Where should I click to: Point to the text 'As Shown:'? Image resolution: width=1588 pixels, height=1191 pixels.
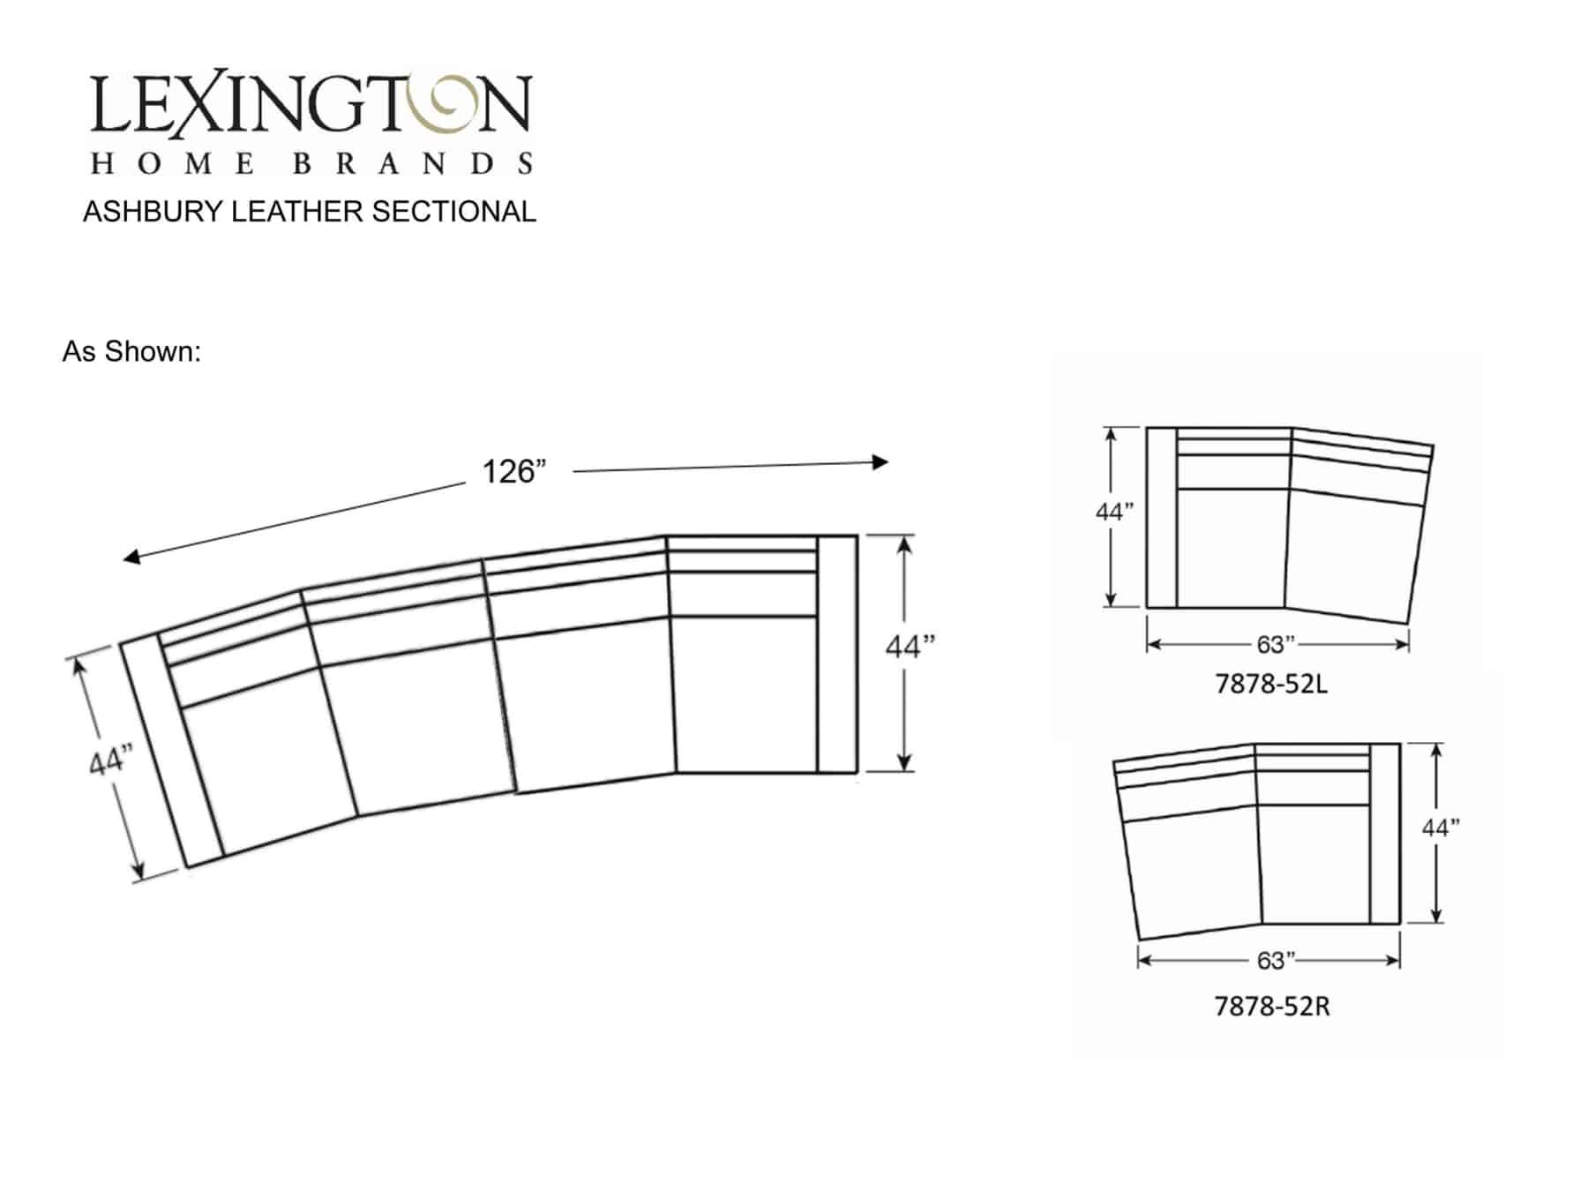131,352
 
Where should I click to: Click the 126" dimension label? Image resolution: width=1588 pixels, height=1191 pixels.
514,472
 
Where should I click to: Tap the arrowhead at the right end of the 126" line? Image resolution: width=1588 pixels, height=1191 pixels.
880,461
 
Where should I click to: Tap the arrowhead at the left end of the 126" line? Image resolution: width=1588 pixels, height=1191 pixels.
131,557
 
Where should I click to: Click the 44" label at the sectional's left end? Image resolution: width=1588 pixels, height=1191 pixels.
110,760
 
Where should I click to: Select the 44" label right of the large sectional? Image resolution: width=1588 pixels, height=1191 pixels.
910,647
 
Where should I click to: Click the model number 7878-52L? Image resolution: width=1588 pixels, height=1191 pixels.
1271,684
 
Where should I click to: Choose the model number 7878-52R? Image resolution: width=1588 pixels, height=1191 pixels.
1271,1006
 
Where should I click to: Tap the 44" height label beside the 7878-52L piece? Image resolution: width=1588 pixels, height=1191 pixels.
1114,512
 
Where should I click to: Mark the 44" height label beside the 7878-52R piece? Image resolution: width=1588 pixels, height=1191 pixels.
1440,828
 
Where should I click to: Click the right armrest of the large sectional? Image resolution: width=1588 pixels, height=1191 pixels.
837,654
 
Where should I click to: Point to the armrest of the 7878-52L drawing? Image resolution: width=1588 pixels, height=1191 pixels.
1161,518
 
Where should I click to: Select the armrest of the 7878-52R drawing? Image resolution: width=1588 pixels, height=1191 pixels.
1385,834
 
